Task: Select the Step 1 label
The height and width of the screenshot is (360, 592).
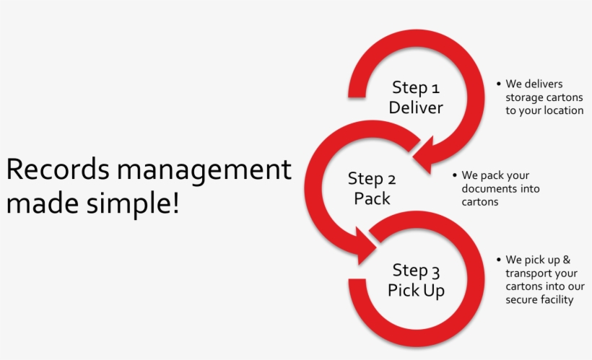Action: click(x=415, y=88)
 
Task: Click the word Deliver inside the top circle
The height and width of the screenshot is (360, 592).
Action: click(x=415, y=108)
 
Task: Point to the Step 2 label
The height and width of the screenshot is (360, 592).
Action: click(x=372, y=179)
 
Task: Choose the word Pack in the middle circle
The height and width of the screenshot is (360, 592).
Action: click(x=372, y=198)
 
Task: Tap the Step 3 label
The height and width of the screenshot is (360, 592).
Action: click(x=416, y=271)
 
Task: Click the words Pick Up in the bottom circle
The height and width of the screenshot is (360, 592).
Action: click(x=416, y=291)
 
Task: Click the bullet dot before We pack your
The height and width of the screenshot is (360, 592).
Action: click(x=455, y=175)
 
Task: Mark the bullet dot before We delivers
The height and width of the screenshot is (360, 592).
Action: click(x=498, y=84)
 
